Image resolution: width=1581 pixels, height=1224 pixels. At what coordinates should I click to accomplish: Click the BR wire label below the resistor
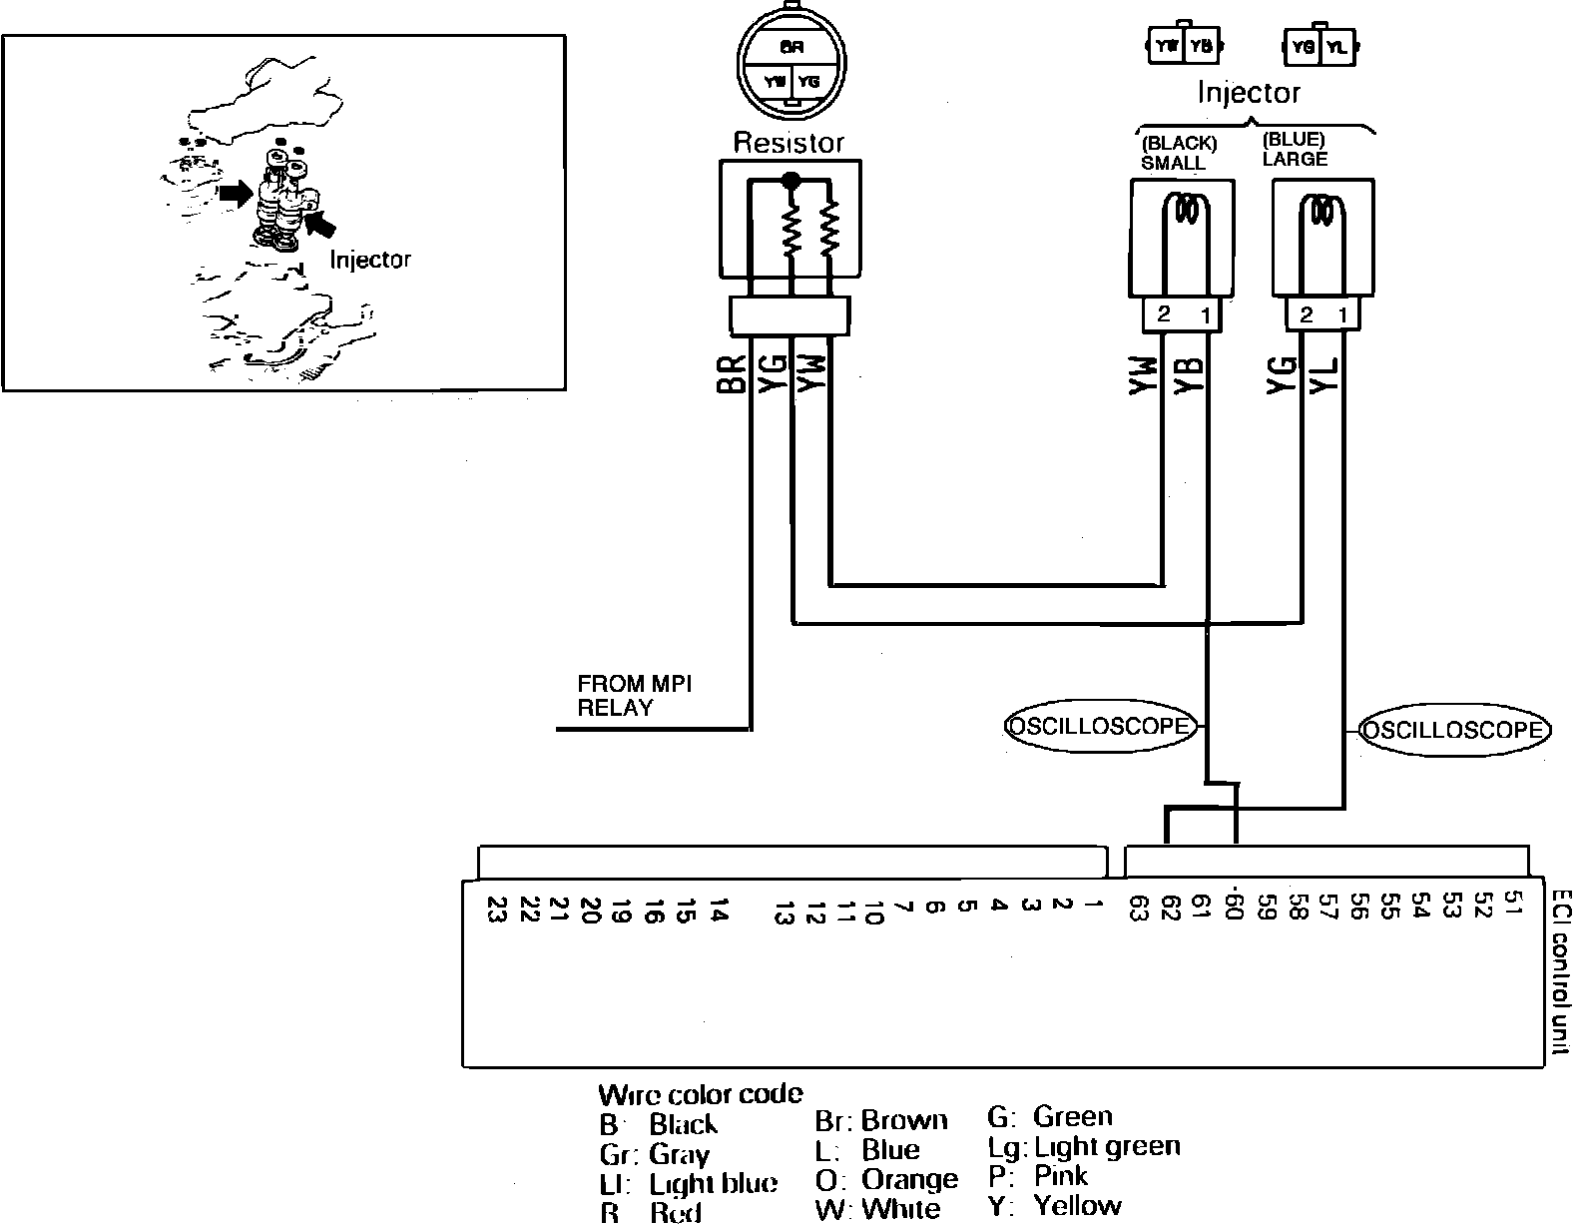click(x=733, y=374)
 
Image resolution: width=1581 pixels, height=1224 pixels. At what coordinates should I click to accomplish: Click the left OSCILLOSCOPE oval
click(x=1099, y=726)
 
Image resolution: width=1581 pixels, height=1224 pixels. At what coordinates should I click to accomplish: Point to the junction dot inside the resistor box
click(x=791, y=181)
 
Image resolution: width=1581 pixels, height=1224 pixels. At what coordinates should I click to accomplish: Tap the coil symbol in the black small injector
click(x=1186, y=211)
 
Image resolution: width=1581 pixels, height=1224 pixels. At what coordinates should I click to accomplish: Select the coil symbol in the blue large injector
click(x=1323, y=211)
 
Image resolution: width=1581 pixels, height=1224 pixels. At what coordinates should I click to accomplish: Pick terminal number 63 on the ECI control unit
click(x=1137, y=910)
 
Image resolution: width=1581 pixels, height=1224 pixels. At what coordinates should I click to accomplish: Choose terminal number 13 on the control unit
click(x=785, y=913)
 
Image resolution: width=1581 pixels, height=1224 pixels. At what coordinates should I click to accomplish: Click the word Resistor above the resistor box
click(x=789, y=143)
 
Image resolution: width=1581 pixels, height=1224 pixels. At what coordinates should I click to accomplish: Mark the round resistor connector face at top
click(x=790, y=62)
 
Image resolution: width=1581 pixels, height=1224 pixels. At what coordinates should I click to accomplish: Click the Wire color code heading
click(x=700, y=1094)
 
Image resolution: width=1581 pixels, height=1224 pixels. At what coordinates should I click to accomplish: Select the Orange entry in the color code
click(x=886, y=1179)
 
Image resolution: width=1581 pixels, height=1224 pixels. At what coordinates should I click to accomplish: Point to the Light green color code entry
click(x=1084, y=1146)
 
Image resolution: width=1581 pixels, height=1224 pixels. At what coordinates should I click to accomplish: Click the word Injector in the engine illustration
click(x=370, y=260)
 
